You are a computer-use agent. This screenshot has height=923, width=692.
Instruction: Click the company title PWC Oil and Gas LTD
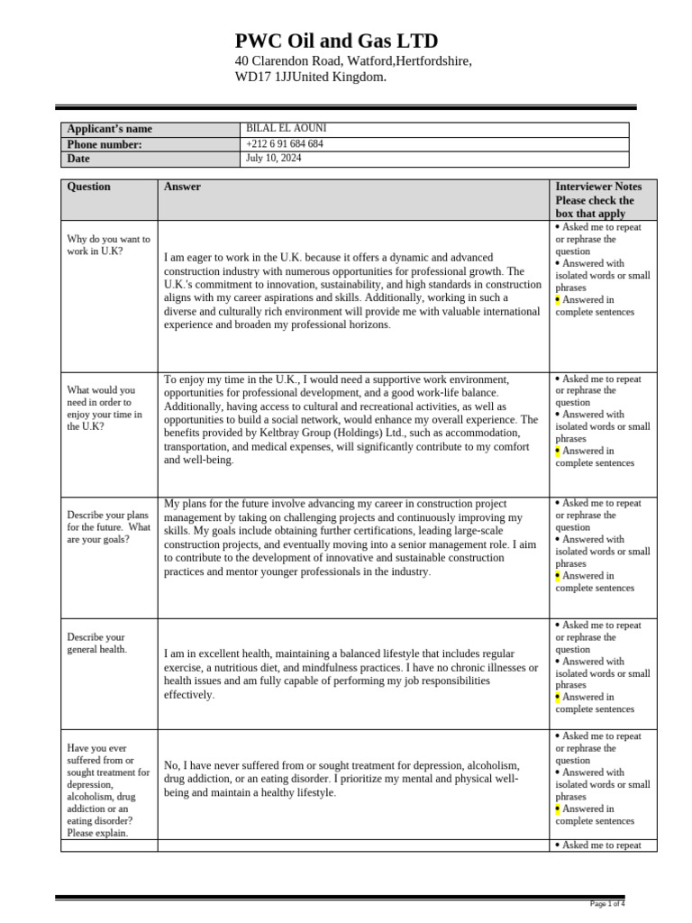[x=336, y=41]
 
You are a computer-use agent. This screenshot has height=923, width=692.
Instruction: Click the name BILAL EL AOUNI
[x=279, y=129]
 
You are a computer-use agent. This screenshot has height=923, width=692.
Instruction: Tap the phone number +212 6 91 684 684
[x=284, y=144]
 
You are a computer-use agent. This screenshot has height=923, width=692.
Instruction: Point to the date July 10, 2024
[x=273, y=159]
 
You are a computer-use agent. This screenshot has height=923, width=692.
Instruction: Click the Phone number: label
[x=105, y=144]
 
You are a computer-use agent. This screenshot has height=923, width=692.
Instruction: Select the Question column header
[x=89, y=187]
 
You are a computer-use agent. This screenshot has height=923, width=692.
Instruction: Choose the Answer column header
[x=182, y=187]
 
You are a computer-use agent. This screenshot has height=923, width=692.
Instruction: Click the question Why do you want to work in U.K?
[x=108, y=245]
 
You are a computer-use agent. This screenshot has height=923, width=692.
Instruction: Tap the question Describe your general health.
[x=96, y=643]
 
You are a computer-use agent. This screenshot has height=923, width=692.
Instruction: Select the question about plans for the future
[x=108, y=527]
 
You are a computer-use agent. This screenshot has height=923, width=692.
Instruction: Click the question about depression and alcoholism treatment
[x=108, y=784]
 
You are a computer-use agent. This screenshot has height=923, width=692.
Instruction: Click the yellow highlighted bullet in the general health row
[x=559, y=697]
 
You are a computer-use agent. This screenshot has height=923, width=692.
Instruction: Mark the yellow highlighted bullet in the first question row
[x=559, y=300]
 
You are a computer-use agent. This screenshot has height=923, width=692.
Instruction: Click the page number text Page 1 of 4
[x=607, y=903]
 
